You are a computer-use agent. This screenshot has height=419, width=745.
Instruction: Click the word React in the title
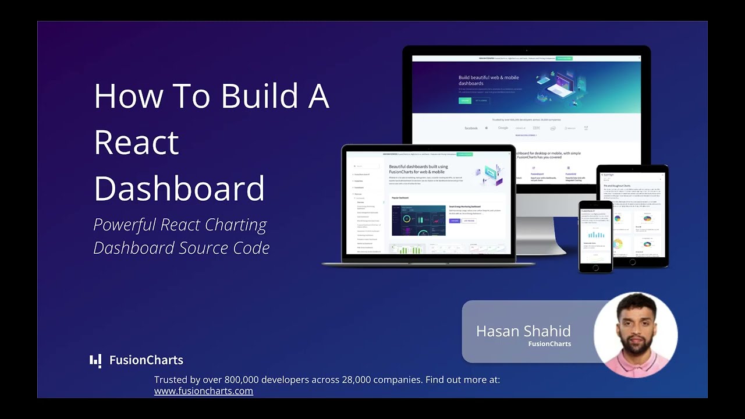136,142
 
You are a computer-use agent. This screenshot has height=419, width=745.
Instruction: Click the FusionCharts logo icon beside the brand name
95,360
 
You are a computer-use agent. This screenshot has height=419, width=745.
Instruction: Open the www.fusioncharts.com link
203,391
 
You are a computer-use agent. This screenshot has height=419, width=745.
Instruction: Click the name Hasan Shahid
523,331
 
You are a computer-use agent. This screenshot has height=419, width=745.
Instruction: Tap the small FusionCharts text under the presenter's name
549,344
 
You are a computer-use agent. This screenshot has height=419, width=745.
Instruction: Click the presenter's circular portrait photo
636,334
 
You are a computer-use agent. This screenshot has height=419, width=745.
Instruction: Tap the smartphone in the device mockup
595,236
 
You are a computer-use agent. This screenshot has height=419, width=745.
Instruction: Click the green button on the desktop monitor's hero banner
464,101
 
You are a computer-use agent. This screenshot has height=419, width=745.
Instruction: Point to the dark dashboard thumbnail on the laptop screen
418,220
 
